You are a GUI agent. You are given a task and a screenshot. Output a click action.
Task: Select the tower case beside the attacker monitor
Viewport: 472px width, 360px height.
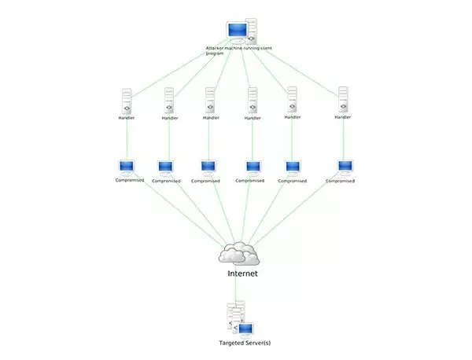(x=252, y=31)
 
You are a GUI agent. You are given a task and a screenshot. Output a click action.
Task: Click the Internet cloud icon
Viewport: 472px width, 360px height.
(x=239, y=253)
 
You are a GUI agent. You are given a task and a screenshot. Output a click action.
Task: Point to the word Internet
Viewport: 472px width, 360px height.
(x=242, y=274)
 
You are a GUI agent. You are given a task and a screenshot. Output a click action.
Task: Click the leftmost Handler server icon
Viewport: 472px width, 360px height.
(x=127, y=101)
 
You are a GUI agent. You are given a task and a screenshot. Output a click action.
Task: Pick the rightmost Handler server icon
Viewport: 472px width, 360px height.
(x=341, y=101)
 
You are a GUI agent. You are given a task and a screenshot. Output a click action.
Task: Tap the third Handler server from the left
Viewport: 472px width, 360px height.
(x=210, y=101)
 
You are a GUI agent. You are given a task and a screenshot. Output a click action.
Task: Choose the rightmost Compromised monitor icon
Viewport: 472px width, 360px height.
(x=345, y=166)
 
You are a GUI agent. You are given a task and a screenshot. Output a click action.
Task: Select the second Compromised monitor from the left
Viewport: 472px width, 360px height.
(x=165, y=167)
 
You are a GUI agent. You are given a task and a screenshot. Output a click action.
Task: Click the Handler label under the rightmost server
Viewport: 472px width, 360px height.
(x=341, y=118)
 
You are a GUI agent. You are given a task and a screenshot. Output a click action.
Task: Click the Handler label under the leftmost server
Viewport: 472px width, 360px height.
(x=126, y=118)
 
